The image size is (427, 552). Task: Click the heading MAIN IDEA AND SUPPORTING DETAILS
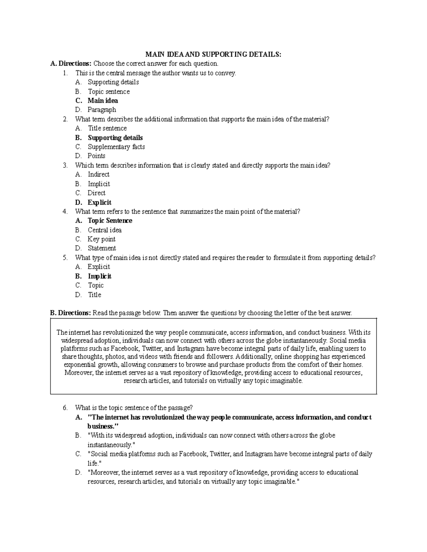(213, 54)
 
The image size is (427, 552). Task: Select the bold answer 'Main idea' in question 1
(102, 101)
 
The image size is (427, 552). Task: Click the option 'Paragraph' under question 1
(102, 110)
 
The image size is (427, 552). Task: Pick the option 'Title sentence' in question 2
(107, 128)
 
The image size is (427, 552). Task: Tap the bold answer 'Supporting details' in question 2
(115, 138)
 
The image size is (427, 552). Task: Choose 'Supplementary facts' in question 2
(116, 147)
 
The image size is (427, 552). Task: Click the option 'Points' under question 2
(96, 156)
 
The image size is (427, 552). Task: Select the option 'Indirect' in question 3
(99, 175)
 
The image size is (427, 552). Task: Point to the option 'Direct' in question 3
(96, 193)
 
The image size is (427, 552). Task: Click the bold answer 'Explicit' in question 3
(100, 202)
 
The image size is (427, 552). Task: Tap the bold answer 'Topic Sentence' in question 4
(110, 221)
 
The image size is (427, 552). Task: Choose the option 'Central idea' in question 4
(105, 230)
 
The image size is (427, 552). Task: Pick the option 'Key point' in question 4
(101, 239)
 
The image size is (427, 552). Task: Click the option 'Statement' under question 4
(102, 248)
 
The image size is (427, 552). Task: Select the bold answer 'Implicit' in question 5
(100, 276)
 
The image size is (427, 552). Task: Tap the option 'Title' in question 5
(95, 295)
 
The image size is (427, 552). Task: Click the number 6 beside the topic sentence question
(65, 408)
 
